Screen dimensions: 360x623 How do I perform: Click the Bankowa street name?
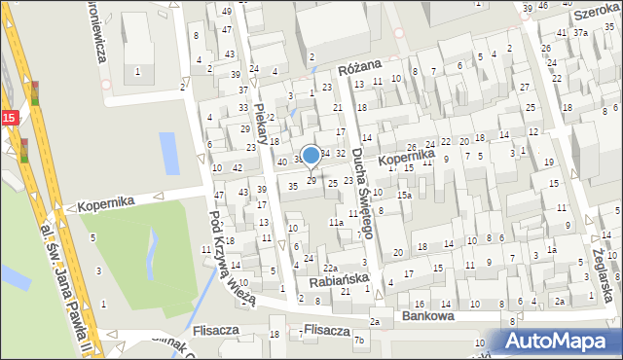(x=427, y=317)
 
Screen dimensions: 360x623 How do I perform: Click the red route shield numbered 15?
(x=8, y=117)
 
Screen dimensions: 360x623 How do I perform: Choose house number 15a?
(x=403, y=196)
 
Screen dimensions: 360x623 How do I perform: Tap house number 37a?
(x=580, y=32)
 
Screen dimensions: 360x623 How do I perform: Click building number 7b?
(x=359, y=340)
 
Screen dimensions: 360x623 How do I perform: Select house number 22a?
(x=331, y=268)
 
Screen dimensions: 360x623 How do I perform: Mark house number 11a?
(x=335, y=223)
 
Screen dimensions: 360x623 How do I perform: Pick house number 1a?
(x=551, y=250)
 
